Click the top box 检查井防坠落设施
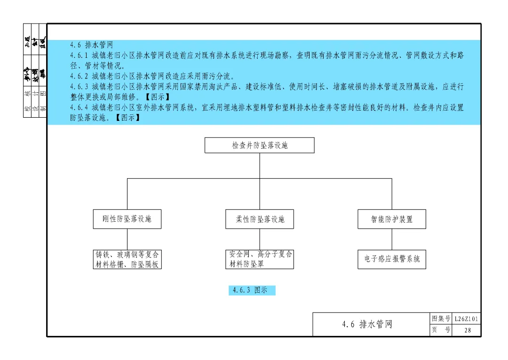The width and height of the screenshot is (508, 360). pos(259,145)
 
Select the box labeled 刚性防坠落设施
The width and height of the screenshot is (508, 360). pos(127,219)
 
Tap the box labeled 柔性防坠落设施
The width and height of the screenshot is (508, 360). pos(260,219)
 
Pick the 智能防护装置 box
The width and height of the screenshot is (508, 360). pos(392,219)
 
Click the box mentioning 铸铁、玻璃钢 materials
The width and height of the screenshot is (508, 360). pos(127,259)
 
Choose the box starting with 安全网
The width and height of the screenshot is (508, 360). pos(260,259)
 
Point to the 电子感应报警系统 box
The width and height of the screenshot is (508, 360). pos(392,259)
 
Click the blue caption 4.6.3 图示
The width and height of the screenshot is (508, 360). pos(252,290)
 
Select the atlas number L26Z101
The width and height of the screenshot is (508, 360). pos(467,319)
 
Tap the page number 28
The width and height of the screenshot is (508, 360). pos(467,330)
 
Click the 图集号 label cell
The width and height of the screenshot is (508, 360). pos(441,319)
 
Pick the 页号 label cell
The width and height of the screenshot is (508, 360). pos(441,330)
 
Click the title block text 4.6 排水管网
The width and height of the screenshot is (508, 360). pos(367,324)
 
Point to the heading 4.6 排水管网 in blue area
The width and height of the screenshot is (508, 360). pos(91,45)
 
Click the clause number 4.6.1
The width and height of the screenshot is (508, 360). pos(79,56)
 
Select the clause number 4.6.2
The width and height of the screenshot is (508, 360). pos(79,76)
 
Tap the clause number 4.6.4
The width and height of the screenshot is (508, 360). pos(79,108)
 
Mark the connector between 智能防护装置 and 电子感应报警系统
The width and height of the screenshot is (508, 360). pos(392,239)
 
